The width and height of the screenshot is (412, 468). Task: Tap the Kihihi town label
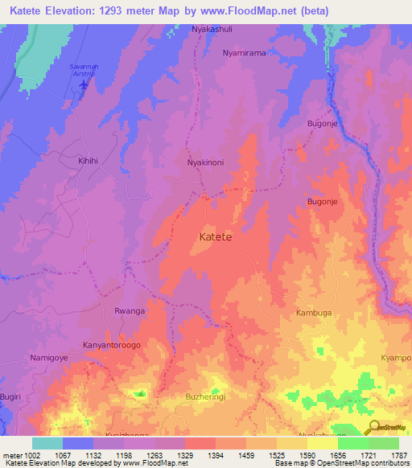coord(88,161)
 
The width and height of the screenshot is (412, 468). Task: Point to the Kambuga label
coord(314,312)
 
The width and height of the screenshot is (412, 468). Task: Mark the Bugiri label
coord(11,398)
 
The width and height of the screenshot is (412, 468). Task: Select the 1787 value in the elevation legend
coord(398,455)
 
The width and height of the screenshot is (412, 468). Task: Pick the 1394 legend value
coord(215,455)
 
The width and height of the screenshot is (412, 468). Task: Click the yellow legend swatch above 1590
coord(322,443)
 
